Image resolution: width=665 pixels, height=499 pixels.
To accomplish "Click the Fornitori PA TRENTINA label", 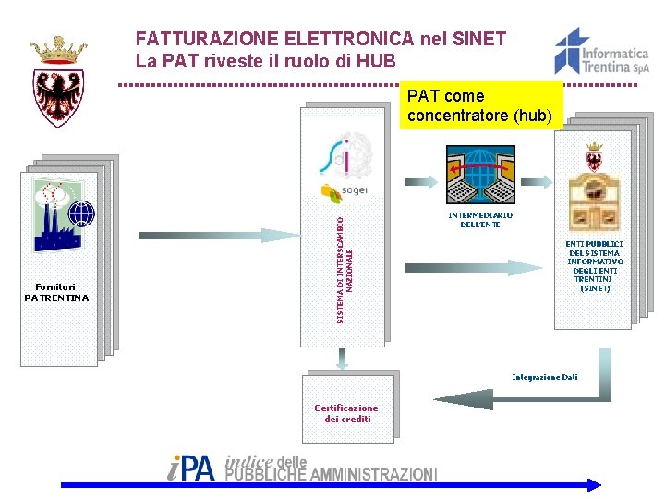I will point(57,292).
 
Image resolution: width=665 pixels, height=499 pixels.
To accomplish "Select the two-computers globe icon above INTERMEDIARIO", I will point(480,176).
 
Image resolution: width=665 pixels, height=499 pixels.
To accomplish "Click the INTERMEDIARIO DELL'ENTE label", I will point(480,220).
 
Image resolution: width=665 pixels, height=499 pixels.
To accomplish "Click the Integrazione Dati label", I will point(545,377).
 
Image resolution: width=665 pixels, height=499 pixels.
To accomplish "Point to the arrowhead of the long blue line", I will point(594,484).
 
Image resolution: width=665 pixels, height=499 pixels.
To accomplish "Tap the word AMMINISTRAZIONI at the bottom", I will point(373,474).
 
